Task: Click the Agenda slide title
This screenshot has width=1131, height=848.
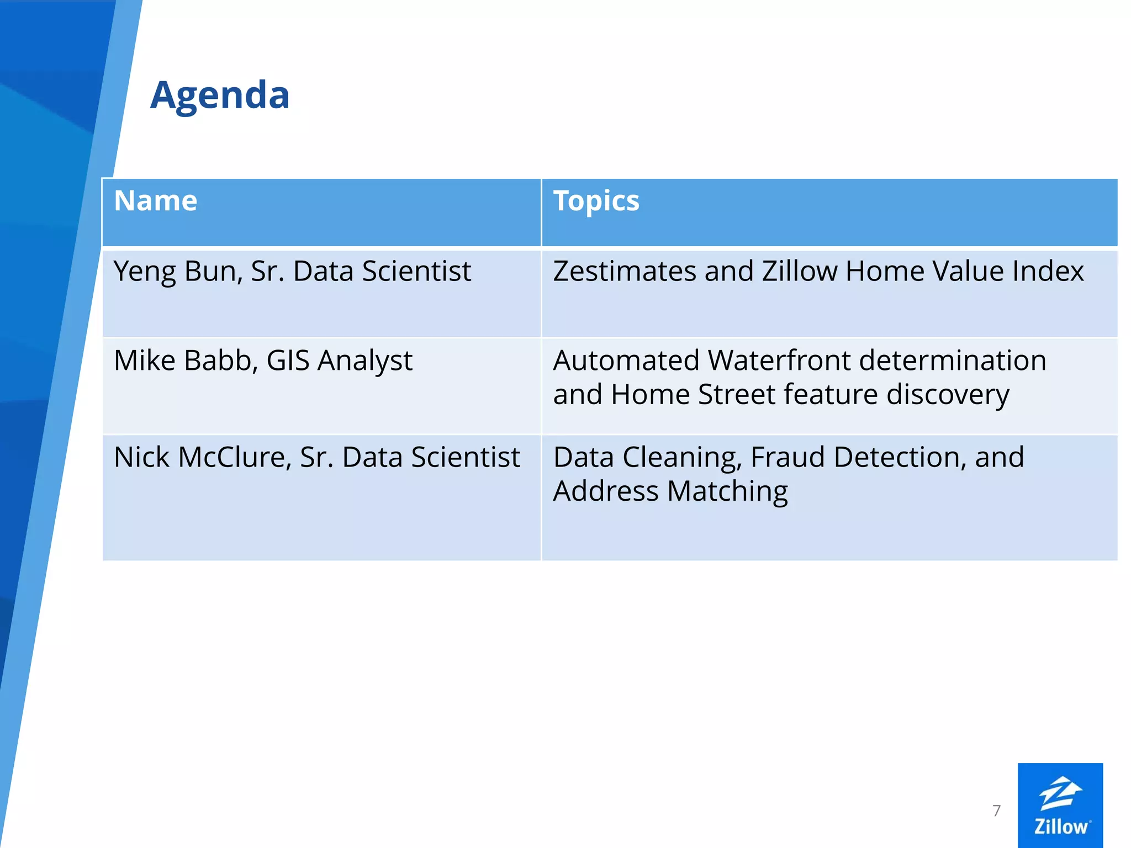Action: coord(220,96)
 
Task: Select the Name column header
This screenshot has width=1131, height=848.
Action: coord(155,201)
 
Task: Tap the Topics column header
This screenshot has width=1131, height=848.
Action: coord(596,201)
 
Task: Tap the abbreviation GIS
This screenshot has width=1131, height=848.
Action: coord(288,361)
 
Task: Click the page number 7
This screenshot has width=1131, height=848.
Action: coord(996,810)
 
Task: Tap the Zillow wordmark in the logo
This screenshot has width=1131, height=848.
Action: coord(1060,826)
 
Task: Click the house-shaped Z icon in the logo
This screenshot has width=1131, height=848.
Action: coord(1060,793)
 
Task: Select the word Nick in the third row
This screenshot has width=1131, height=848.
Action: coord(141,458)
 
